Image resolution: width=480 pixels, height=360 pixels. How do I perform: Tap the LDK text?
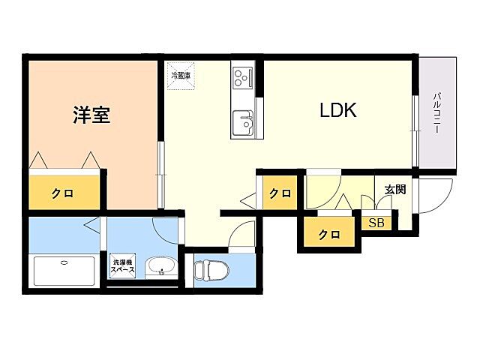tap(338, 112)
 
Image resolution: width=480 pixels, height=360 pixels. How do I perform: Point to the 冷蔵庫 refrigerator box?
tap(180, 75)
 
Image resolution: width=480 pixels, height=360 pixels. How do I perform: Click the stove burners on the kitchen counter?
tap(243, 76)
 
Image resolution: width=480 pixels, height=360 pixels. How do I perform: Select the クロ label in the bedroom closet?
tap(62, 193)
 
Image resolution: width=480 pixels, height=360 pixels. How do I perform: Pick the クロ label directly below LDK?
tap(280, 193)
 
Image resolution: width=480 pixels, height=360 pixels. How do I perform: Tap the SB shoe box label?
tap(376, 223)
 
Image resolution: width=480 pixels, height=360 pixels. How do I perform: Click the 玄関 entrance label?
tap(395, 190)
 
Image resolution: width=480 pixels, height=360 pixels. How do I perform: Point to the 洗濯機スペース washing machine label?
tap(122, 266)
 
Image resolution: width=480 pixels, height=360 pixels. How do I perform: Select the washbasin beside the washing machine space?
tap(160, 267)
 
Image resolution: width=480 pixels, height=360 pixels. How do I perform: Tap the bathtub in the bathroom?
tap(64, 271)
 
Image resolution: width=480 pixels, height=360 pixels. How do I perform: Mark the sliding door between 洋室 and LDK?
tap(160, 175)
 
